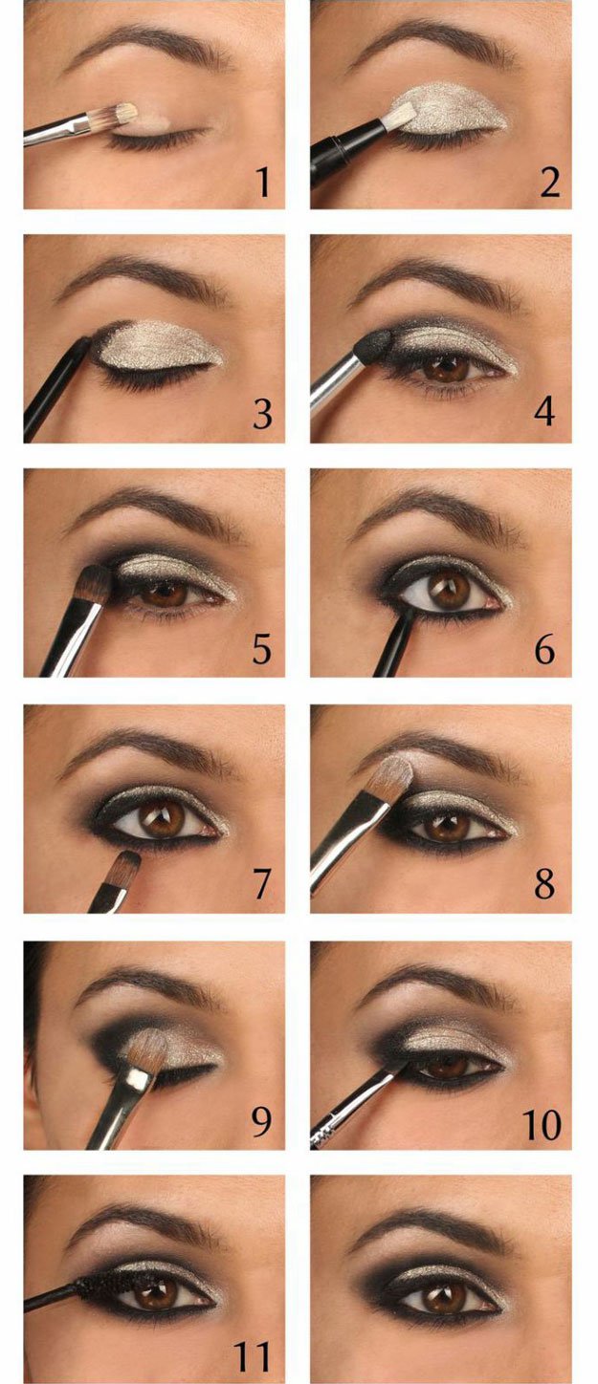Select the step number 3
[x=261, y=415]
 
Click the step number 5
[x=261, y=649]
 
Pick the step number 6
[x=544, y=649]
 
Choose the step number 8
[x=544, y=884]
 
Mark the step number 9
[x=260, y=1122]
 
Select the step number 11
[x=254, y=1356]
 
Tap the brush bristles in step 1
[x=120, y=118]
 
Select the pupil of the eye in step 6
[x=446, y=590]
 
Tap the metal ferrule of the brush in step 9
[x=140, y=1081]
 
